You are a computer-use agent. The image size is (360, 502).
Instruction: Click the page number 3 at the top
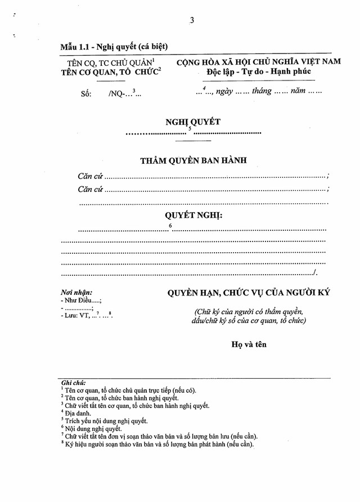[192, 21]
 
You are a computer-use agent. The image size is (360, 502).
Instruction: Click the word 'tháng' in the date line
[261, 91]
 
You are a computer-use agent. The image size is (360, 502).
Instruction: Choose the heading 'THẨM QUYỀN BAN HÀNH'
[193, 160]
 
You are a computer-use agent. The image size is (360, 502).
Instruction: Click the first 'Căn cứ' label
[90, 176]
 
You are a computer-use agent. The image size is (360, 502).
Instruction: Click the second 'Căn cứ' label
[90, 189]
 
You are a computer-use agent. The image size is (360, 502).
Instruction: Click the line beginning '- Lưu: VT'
[87, 316]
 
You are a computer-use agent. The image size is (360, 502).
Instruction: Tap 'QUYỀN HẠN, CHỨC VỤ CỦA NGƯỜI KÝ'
[248, 293]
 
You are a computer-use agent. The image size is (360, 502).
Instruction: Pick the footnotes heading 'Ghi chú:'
[74, 382]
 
